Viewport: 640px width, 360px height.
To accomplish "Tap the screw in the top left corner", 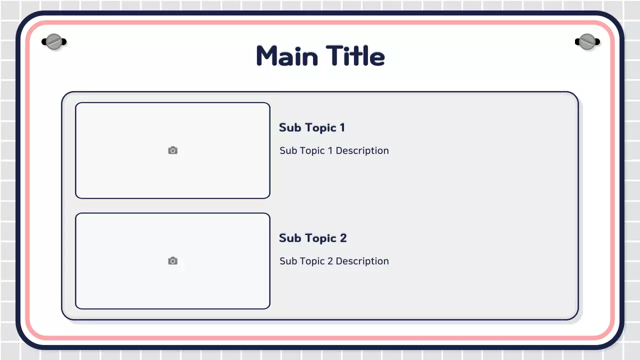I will [x=53, y=42].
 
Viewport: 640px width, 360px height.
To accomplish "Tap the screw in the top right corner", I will [x=586, y=42].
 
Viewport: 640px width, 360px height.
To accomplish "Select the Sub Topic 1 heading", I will [x=312, y=128].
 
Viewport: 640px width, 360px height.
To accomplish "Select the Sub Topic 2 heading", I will [x=312, y=238].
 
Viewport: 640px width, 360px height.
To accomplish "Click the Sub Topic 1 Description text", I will [x=334, y=151].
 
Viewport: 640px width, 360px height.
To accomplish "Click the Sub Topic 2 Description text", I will [x=334, y=261].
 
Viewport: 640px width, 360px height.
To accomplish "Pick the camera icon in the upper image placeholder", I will [x=172, y=150].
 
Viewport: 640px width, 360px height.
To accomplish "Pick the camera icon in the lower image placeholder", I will [x=172, y=261].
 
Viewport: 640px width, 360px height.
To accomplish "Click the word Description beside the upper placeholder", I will [x=362, y=151].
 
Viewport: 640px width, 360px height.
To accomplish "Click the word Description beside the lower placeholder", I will [x=362, y=261].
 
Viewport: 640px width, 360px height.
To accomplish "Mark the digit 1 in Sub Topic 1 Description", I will [x=330, y=151].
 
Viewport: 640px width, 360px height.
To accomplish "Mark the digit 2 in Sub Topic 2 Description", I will [x=330, y=261].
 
